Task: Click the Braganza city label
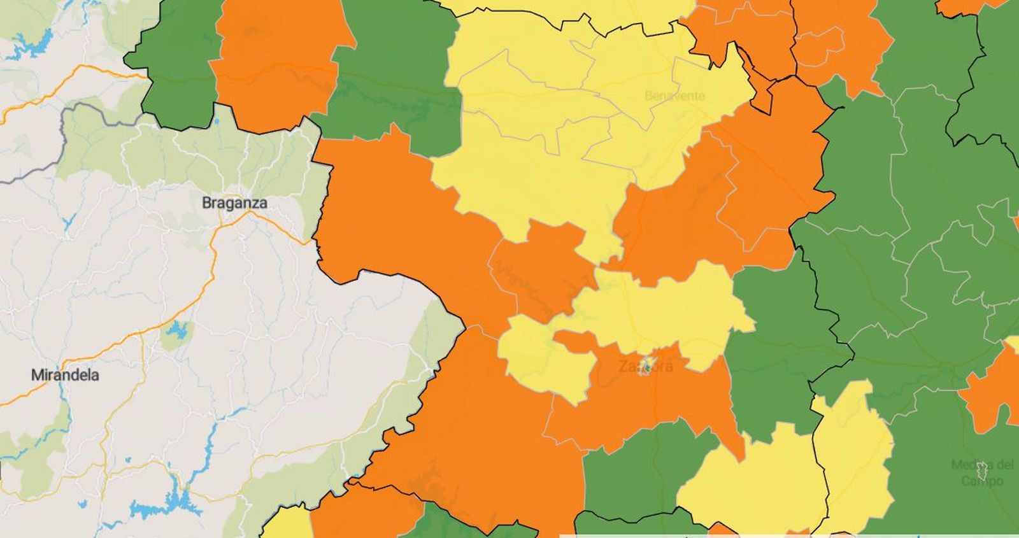coord(234,203)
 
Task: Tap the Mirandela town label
coord(65,375)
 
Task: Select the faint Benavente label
coord(674,96)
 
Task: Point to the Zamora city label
coord(645,367)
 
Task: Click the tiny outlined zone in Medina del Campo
coord(983,471)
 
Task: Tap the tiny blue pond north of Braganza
coord(217,120)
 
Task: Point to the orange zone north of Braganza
coord(277,64)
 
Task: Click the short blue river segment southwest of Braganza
coord(69,223)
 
